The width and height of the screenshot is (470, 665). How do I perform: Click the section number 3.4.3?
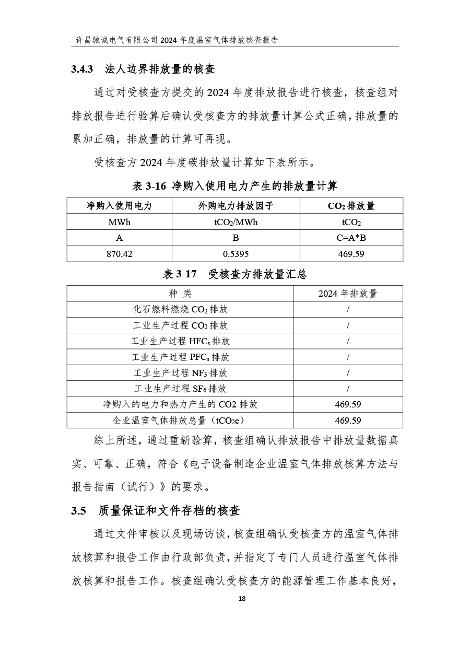[x=82, y=69]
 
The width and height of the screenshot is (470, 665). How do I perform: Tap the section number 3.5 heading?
[x=78, y=511]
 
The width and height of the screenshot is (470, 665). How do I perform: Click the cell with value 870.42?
[x=119, y=254]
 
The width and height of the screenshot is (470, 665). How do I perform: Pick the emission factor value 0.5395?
[x=236, y=254]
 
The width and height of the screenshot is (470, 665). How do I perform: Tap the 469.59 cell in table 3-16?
[x=351, y=254]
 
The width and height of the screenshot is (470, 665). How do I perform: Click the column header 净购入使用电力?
[x=119, y=206]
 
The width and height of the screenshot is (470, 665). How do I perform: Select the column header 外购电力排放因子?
[x=236, y=206]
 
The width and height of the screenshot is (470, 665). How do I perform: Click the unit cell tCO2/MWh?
[x=236, y=222]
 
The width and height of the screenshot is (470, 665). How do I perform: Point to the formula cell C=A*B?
[x=351, y=238]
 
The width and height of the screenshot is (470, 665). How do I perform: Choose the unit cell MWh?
[x=119, y=222]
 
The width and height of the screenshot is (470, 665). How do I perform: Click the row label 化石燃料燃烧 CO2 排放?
[x=180, y=309]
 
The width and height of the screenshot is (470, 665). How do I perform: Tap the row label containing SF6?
[x=180, y=389]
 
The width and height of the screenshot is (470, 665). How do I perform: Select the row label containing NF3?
[x=180, y=373]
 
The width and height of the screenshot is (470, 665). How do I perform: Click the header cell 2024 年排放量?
[x=348, y=294]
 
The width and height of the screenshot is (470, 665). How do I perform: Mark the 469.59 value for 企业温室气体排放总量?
[x=348, y=421]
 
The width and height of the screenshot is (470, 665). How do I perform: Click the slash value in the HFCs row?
[x=348, y=341]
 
